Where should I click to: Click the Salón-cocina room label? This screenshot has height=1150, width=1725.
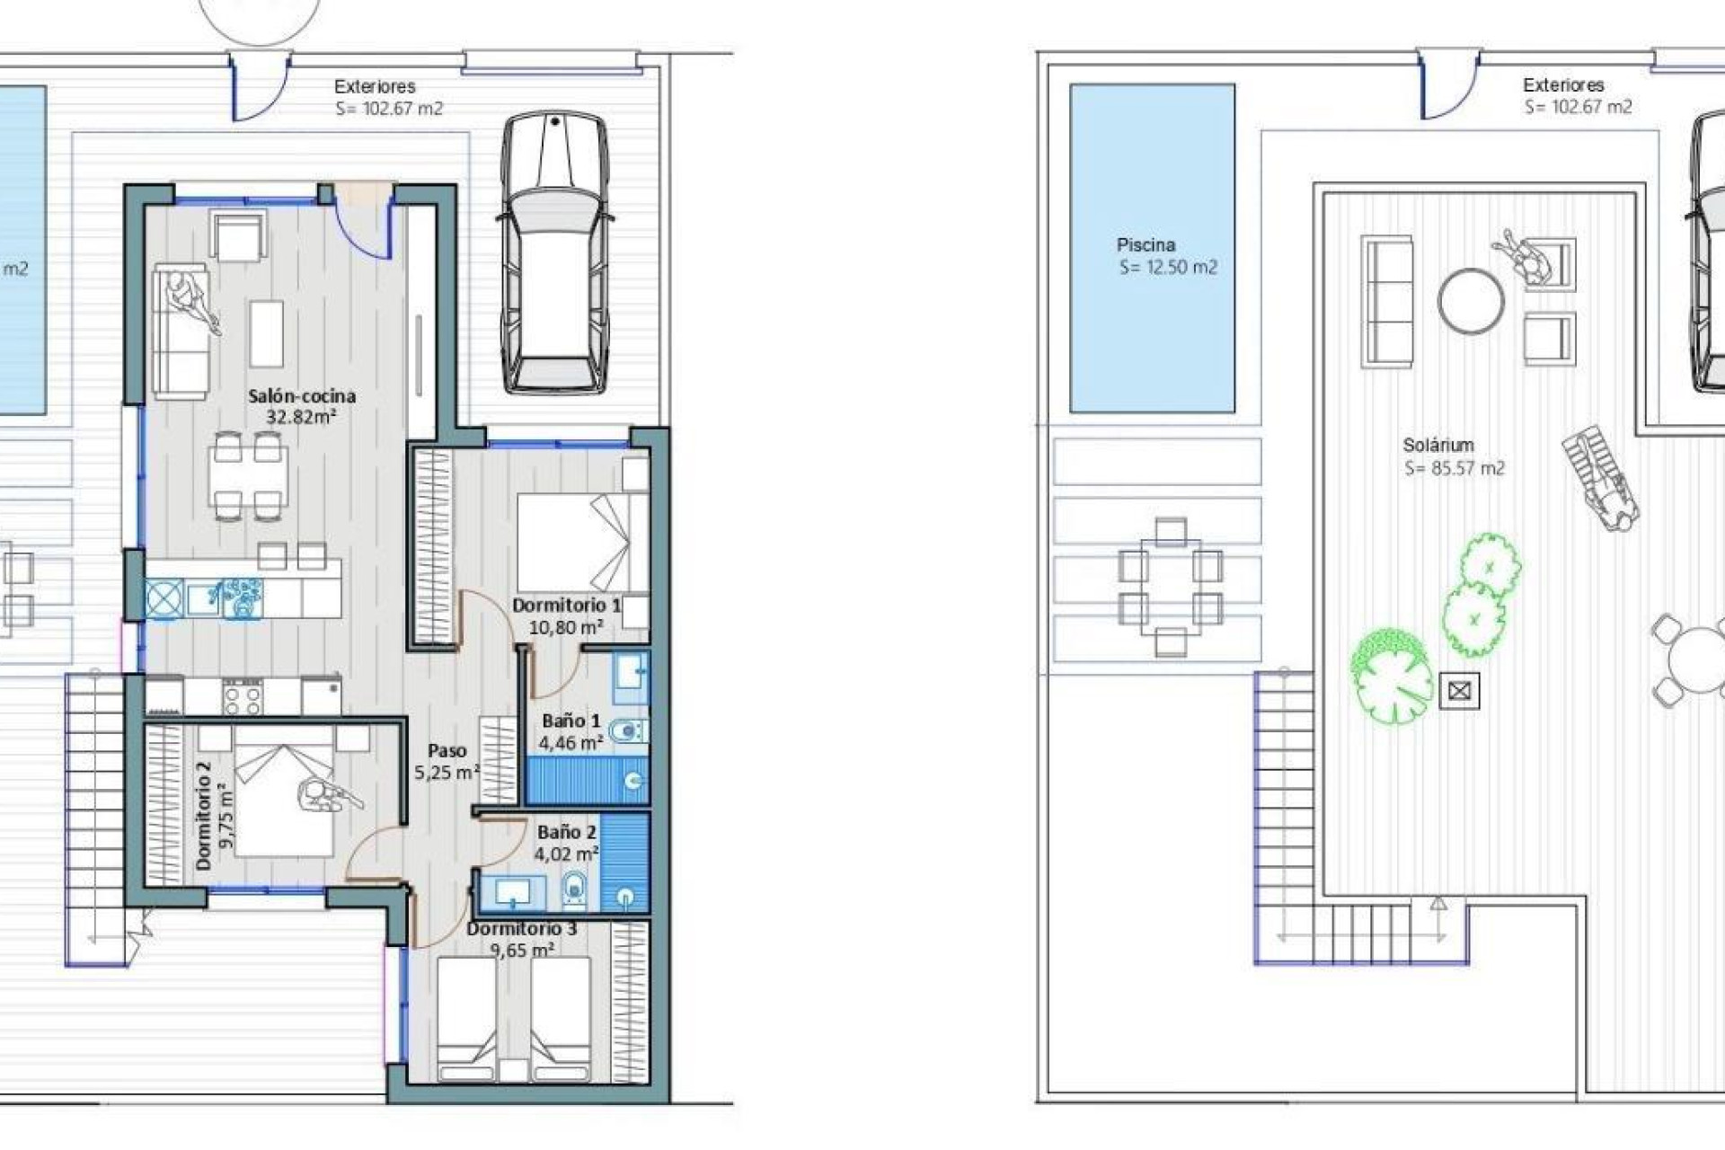point(302,395)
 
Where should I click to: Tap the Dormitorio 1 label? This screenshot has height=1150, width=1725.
point(566,606)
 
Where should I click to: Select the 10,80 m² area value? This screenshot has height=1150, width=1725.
point(565,627)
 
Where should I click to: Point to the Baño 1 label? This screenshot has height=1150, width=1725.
point(571,721)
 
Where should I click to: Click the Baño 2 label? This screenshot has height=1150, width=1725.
point(567,832)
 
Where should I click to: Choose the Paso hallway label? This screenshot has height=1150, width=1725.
point(447,750)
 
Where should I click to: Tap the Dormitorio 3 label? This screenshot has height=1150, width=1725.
point(522,929)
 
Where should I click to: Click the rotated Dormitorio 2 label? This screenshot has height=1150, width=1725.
point(203,815)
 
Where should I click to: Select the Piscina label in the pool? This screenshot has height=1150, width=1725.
point(1146,244)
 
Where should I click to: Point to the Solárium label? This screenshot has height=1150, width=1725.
point(1438,445)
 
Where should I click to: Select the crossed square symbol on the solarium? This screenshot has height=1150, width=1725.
point(1459,691)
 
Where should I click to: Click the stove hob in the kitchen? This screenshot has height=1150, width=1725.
point(243,696)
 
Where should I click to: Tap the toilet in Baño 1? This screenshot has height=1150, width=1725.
point(626,733)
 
